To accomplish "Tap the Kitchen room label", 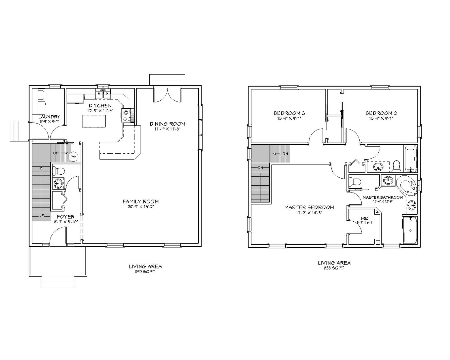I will point(99,106).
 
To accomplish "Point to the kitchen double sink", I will point(103,94).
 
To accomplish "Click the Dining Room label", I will point(167,124).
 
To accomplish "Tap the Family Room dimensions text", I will point(141,207).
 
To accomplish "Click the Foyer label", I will point(65,217).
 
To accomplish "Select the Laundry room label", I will point(50,117).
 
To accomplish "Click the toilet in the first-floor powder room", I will point(58,171).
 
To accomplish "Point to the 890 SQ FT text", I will point(145,271).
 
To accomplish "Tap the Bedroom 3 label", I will point(289,113).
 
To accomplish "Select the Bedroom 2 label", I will point(381,113).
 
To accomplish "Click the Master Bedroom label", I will point(309,207).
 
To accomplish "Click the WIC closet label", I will point(364,218).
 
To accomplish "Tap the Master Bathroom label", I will point(383,197).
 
